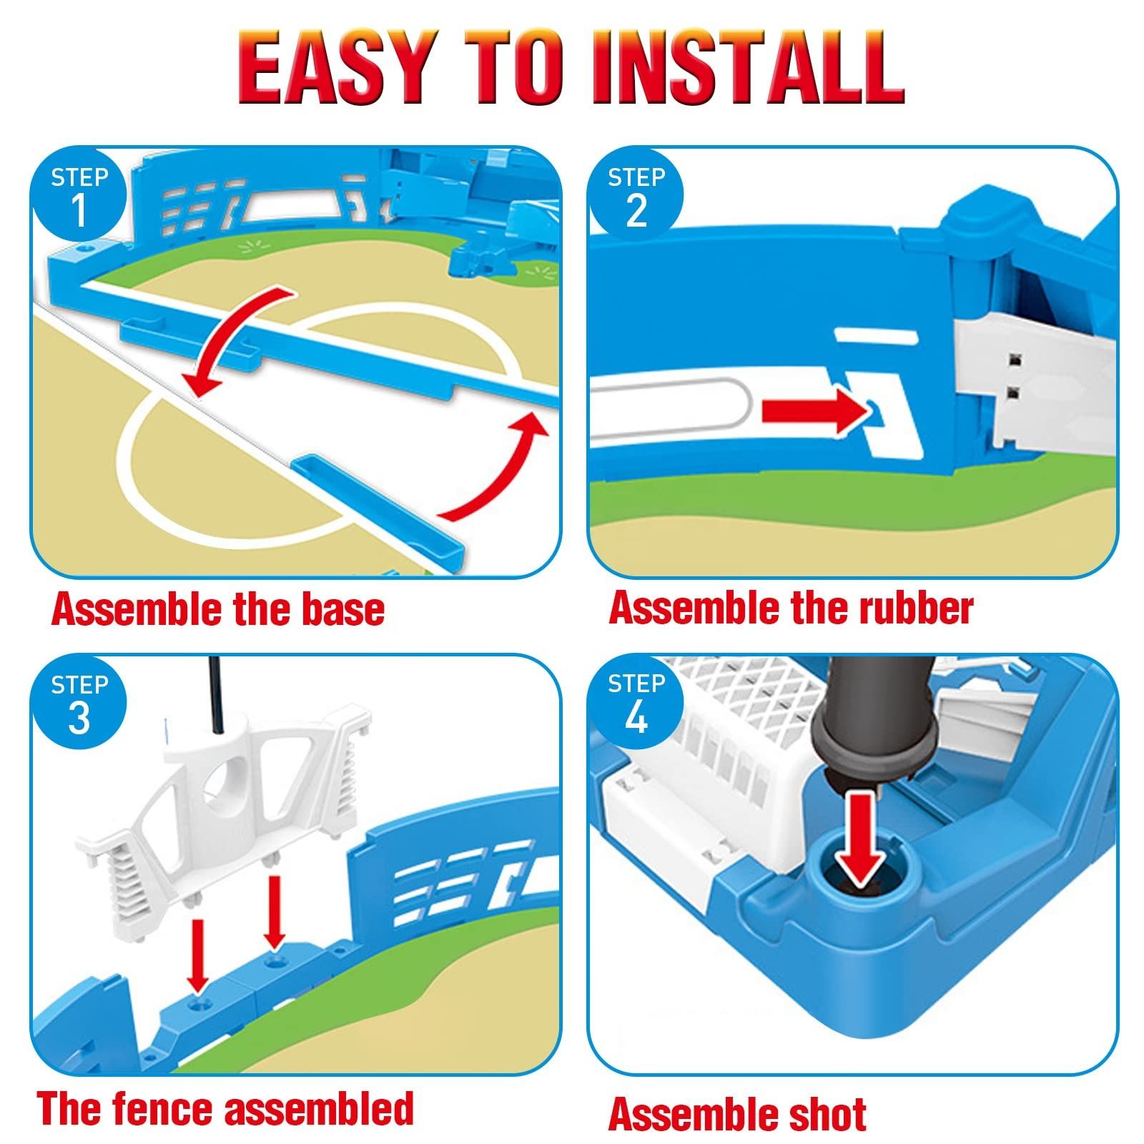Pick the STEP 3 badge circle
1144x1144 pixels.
tap(79, 704)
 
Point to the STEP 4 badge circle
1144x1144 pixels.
tap(636, 704)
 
